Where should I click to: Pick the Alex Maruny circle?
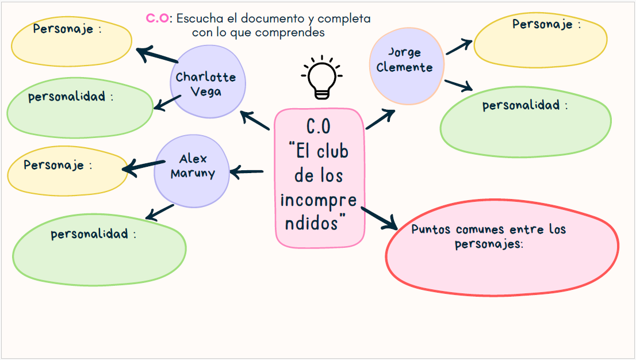coord(191,171)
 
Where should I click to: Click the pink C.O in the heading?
coord(157,18)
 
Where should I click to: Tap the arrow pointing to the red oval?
coord(380,214)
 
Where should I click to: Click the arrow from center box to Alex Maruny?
coord(247,171)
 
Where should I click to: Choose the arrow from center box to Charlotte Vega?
coord(255,120)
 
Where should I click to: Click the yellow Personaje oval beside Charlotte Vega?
coord(71,43)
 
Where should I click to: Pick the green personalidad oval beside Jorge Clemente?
coord(526,121)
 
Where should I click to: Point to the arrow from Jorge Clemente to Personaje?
coord(459,47)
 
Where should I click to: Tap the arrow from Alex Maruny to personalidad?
coord(160,212)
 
